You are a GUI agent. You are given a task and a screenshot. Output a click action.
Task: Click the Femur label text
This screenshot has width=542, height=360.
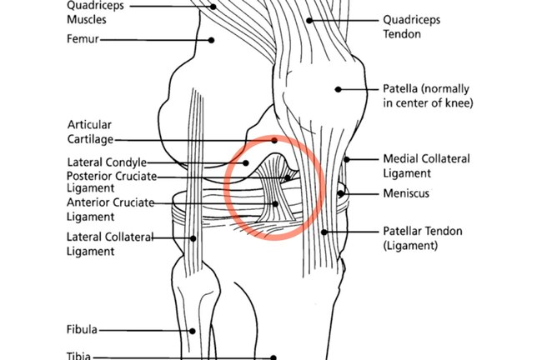[83, 38]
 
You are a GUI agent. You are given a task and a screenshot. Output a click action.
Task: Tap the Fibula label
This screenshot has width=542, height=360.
[82, 329]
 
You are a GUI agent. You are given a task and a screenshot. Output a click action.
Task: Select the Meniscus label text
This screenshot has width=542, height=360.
[406, 193]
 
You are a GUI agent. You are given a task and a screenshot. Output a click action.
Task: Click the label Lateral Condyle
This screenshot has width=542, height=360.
[107, 162]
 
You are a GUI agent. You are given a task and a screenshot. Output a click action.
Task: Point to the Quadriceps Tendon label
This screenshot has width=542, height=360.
[411, 27]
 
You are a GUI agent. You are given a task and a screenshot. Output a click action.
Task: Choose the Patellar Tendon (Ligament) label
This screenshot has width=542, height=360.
[423, 238]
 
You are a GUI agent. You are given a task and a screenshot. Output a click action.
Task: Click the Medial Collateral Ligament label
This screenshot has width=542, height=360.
[427, 166]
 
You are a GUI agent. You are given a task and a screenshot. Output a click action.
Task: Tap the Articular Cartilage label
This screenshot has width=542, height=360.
[90, 132]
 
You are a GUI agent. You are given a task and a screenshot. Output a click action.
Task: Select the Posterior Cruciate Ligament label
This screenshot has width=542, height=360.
[112, 182]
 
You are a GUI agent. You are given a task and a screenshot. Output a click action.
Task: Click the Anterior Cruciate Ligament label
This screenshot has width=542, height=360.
[110, 209]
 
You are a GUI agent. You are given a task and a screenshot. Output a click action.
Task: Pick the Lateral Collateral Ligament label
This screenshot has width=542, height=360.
[110, 244]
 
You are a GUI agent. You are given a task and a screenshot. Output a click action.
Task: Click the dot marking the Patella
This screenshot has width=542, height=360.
[338, 89]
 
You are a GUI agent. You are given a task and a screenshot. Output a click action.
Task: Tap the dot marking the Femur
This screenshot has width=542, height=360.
[211, 40]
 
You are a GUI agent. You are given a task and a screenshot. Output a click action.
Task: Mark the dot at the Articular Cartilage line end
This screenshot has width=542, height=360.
[274, 140]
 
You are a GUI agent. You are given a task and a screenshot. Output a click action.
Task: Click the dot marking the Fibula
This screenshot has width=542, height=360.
[193, 331]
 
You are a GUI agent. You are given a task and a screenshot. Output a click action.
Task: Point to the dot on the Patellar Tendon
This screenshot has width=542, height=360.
[324, 232]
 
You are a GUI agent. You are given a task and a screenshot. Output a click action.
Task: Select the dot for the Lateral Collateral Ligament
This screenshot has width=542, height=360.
[193, 238]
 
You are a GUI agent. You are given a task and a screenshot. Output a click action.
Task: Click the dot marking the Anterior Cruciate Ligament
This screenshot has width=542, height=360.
[275, 204]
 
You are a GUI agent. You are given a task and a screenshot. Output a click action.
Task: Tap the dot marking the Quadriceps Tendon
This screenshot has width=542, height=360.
[309, 21]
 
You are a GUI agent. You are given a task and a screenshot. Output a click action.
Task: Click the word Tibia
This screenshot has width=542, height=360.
[79, 356]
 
